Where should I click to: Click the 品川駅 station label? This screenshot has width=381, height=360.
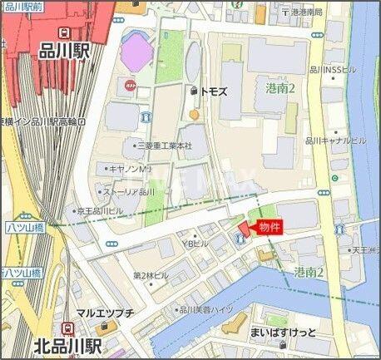[63, 51]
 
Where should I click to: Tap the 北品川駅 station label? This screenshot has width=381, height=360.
[68, 343]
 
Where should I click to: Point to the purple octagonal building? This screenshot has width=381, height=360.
[137, 52]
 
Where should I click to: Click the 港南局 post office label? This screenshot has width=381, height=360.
[305, 12]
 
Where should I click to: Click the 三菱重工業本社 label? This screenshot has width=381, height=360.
[164, 145]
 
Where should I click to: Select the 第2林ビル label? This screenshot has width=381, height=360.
[151, 275]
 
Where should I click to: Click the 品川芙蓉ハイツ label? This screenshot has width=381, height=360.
[206, 309]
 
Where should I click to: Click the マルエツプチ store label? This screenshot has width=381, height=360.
[105, 313]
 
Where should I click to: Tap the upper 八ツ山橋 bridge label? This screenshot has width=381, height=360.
[24, 225]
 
